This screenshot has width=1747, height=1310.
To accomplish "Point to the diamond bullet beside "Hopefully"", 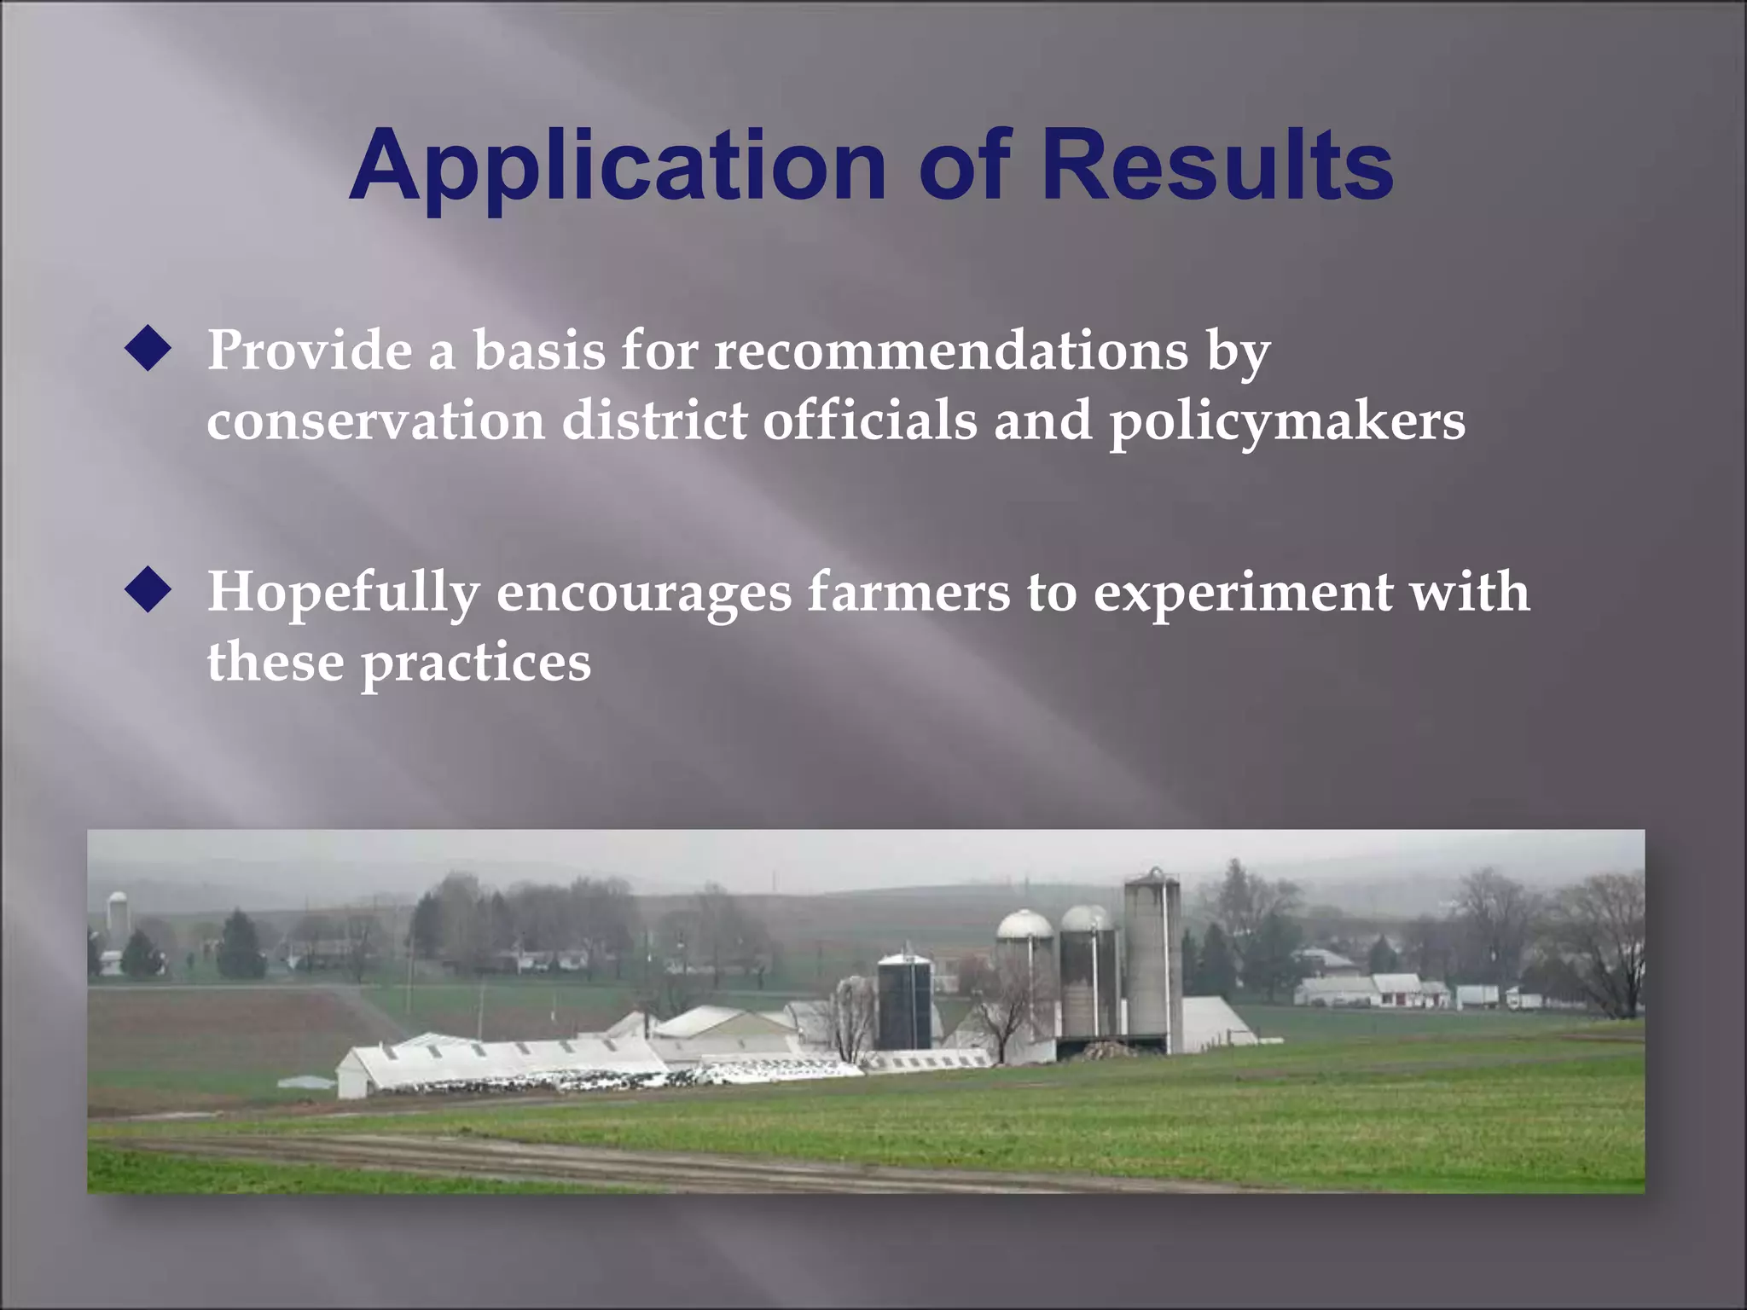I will point(148,591).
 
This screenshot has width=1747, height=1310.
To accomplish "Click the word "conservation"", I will point(375,420).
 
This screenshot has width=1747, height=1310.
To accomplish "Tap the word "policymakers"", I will point(1287,422).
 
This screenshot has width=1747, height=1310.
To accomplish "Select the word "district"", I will point(654,420).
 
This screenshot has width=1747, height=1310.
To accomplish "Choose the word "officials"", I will point(870,420).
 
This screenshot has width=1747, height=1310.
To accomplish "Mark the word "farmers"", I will point(908,592).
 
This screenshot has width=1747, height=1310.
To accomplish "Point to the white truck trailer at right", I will point(1477,995).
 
